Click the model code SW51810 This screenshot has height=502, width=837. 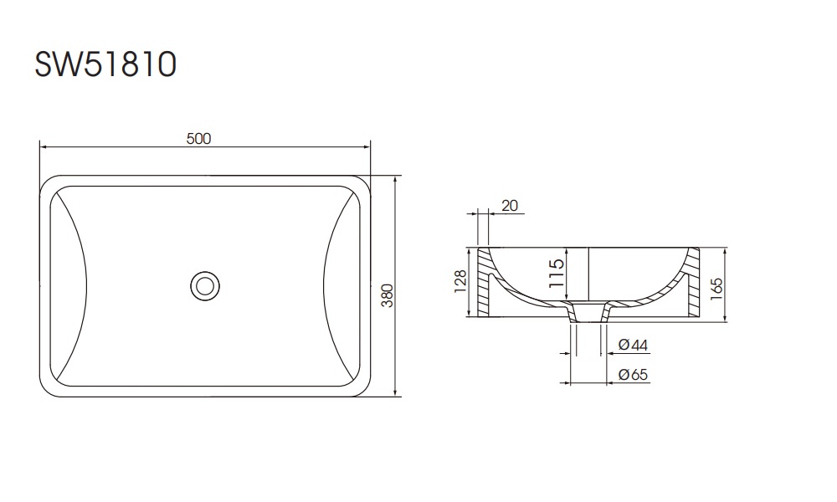[x=105, y=64]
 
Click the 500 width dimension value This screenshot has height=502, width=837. [x=198, y=139]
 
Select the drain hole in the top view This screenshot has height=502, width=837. [x=203, y=285]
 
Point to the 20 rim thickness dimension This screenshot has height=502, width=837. [x=509, y=205]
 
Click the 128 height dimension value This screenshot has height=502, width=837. [x=459, y=283]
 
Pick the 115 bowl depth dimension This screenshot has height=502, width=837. [x=556, y=274]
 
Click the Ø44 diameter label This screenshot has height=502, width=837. [x=634, y=345]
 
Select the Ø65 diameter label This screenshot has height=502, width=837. [x=634, y=376]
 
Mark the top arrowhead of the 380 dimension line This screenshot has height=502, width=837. [x=394, y=180]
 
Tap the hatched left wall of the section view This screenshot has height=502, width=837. [x=484, y=284]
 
